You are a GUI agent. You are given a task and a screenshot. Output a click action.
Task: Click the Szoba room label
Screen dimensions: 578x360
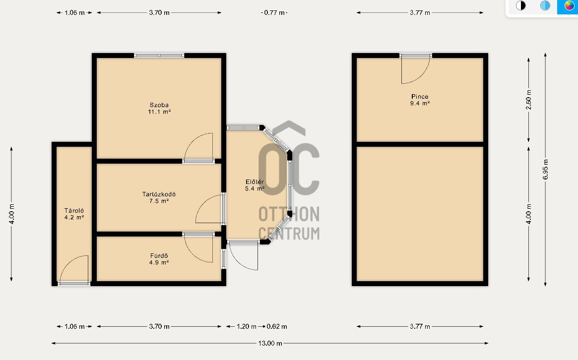pos(159,108)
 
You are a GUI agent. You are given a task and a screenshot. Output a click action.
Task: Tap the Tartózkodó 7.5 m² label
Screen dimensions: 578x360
pos(159,197)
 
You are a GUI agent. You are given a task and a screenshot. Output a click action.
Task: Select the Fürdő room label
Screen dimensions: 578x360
pos(159,259)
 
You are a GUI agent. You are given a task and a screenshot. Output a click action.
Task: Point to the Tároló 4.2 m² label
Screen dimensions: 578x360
pos(74,214)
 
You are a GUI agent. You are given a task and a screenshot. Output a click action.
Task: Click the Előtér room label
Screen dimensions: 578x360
pos(255,185)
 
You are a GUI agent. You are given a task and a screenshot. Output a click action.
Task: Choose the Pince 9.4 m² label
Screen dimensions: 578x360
pos(420,100)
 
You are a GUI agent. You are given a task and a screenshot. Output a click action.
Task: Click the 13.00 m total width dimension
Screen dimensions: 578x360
pos(270,344)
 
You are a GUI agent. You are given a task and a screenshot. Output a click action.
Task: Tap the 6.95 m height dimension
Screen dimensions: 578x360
pos(546,170)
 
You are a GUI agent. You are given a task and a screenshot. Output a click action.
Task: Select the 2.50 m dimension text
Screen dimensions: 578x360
pos(528,100)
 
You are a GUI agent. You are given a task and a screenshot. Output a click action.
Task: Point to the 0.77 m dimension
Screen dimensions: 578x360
pos(274,12)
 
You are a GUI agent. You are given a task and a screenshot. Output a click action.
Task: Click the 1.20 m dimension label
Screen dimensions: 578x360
pos(246,326)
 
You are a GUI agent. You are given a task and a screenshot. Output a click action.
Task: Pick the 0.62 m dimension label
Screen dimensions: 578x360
pos(277,326)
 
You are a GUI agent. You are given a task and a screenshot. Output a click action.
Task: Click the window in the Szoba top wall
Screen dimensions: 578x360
pos(159,56)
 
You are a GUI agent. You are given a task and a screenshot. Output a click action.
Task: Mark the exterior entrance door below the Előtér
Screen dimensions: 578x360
pos(244,256)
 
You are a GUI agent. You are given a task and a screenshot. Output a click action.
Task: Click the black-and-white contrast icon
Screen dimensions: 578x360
pos(520,5)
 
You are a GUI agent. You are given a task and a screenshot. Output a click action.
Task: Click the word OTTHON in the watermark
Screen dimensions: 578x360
pos(289,214)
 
